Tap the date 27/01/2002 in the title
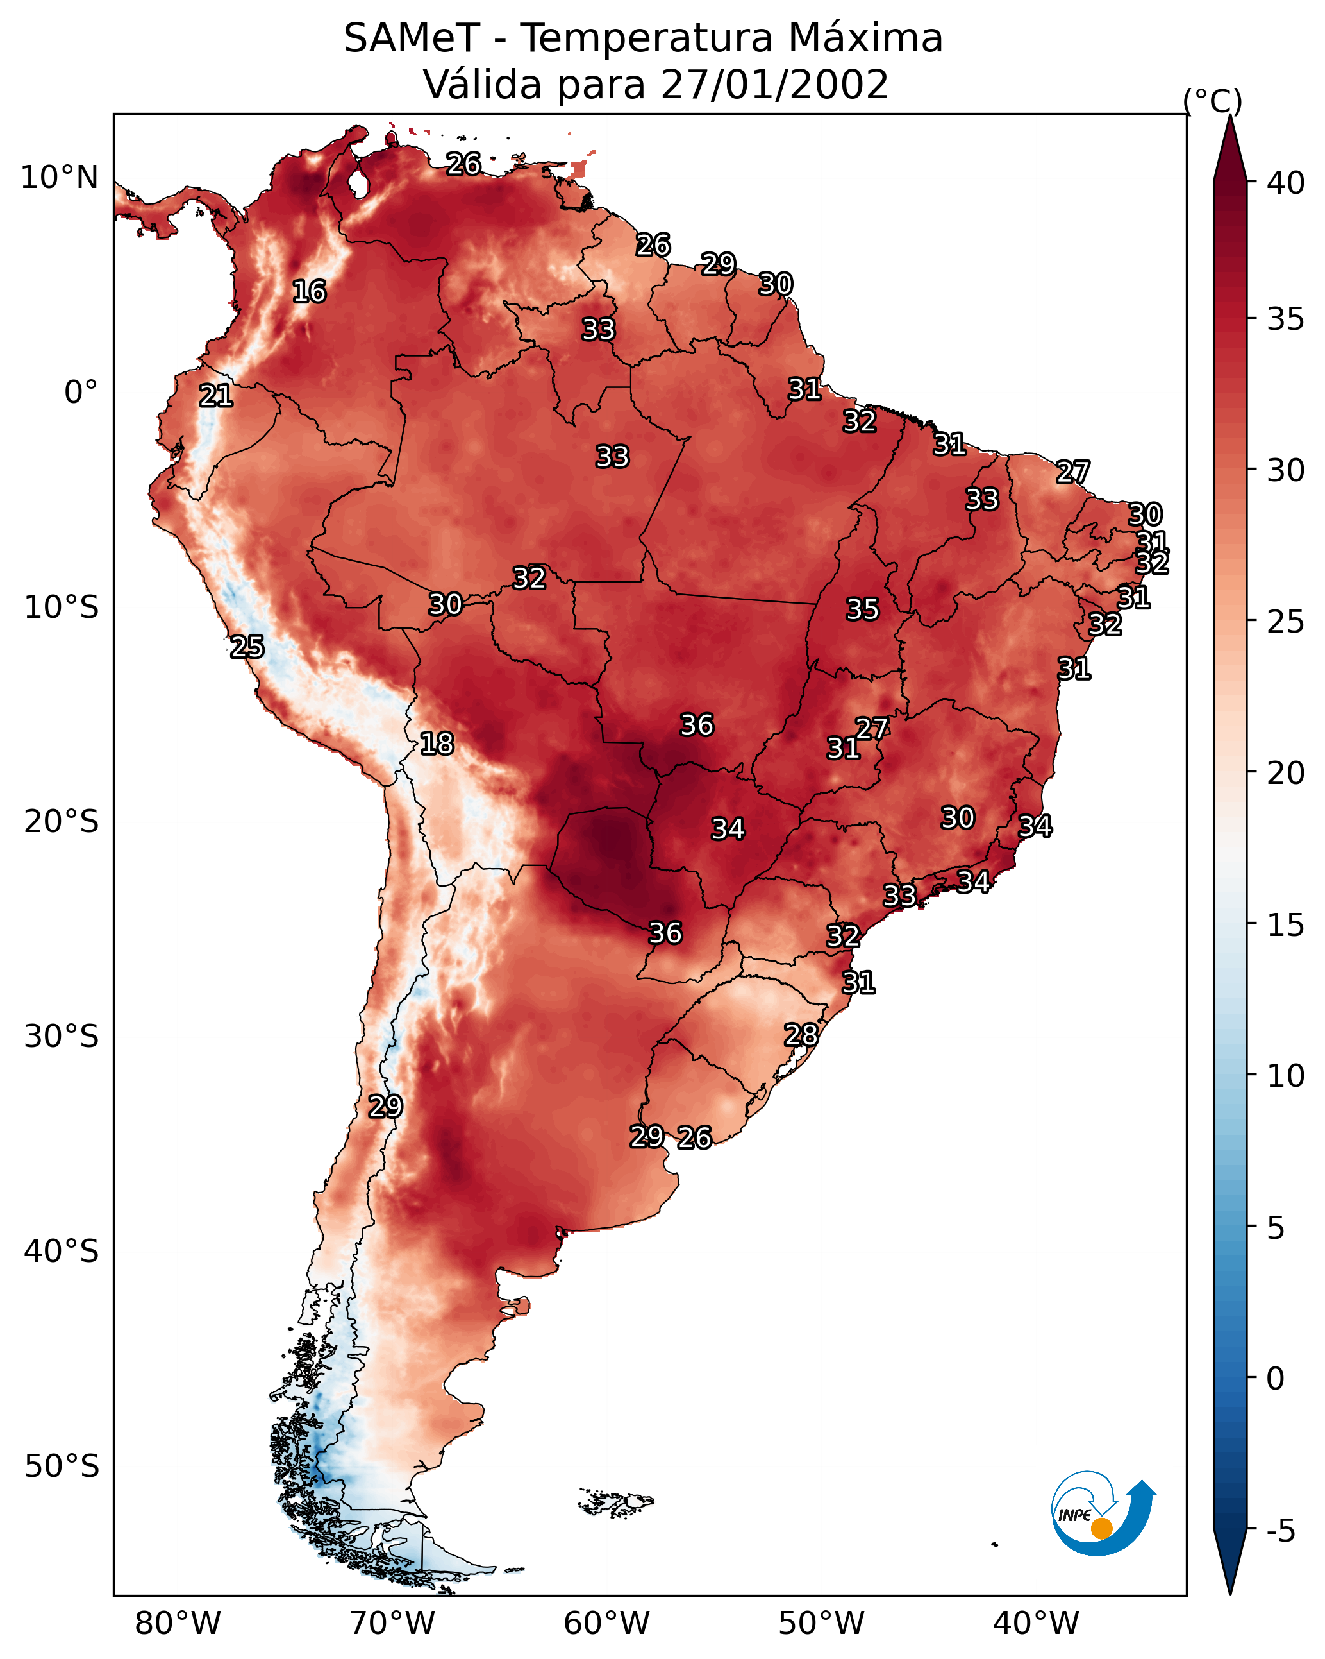pos(774,85)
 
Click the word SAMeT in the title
pos(412,38)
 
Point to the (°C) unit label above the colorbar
pos(1212,101)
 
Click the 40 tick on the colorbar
pos(1286,183)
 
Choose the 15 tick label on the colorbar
pos(1286,925)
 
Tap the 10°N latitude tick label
pos(59,178)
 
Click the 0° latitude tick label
pos(81,393)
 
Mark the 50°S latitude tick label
pos(62,1467)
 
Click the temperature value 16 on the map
pos(309,292)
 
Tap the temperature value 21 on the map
pos(216,396)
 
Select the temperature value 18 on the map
pos(437,744)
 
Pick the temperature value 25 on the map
pos(247,647)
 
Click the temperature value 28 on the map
pos(801,1035)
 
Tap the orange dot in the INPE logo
pos(1101,1528)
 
